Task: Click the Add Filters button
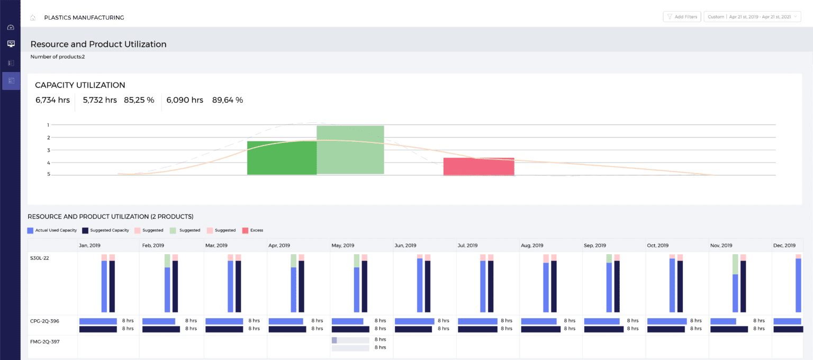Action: [x=682, y=17]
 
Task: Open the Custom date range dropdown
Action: [x=752, y=17]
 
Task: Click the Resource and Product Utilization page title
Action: [x=98, y=44]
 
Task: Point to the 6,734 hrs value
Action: [x=52, y=100]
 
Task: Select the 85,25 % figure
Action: [x=139, y=100]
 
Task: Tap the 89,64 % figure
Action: [x=228, y=100]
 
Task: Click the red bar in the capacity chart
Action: [x=478, y=166]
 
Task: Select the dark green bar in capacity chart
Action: [x=282, y=158]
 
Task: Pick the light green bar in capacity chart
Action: [x=350, y=150]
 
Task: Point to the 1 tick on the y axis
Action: [x=48, y=125]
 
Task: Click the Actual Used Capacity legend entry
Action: [x=52, y=230]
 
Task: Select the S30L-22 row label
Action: [x=40, y=258]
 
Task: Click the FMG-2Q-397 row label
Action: [x=44, y=341]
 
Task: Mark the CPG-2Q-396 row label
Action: [x=44, y=320]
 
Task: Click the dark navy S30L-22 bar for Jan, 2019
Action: [x=112, y=286]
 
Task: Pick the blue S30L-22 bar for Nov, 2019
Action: [x=735, y=293]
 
